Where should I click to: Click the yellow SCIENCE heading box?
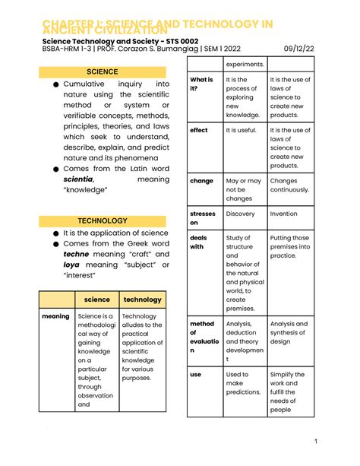click(x=103, y=71)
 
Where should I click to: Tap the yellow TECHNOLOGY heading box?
click(x=103, y=220)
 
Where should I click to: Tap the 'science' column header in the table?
click(x=96, y=300)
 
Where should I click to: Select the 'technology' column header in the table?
click(x=142, y=300)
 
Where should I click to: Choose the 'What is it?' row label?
click(x=201, y=84)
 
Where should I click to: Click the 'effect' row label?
click(x=199, y=131)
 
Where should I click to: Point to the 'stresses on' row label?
click(x=203, y=219)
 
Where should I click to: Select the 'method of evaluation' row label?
click(x=202, y=337)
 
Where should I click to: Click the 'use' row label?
click(x=196, y=375)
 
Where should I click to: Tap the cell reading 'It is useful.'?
click(x=243, y=131)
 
